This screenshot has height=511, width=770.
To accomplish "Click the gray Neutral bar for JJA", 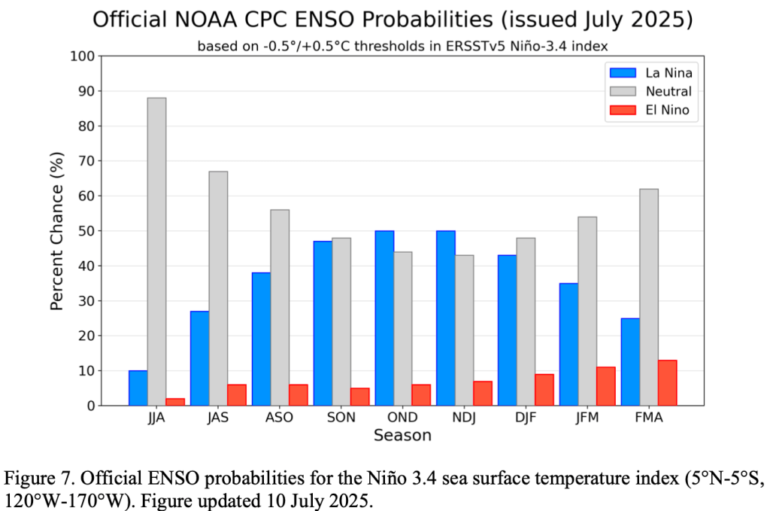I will coord(156,251).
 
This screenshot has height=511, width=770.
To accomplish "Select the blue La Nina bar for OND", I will coord(384,318).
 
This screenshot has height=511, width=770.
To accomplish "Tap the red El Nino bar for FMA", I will coord(667,382).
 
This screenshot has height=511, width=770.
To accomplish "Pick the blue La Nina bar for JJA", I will coord(138,388).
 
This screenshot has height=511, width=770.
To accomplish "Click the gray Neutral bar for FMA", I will coord(648,297).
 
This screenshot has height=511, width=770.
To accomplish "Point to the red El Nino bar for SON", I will coord(359,397).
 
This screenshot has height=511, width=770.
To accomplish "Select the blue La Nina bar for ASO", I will coord(261,339).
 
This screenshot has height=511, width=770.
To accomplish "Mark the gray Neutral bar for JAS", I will coord(218,288).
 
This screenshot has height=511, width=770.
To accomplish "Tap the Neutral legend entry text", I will coord(668,92).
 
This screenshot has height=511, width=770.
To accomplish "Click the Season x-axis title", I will coord(402,436).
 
